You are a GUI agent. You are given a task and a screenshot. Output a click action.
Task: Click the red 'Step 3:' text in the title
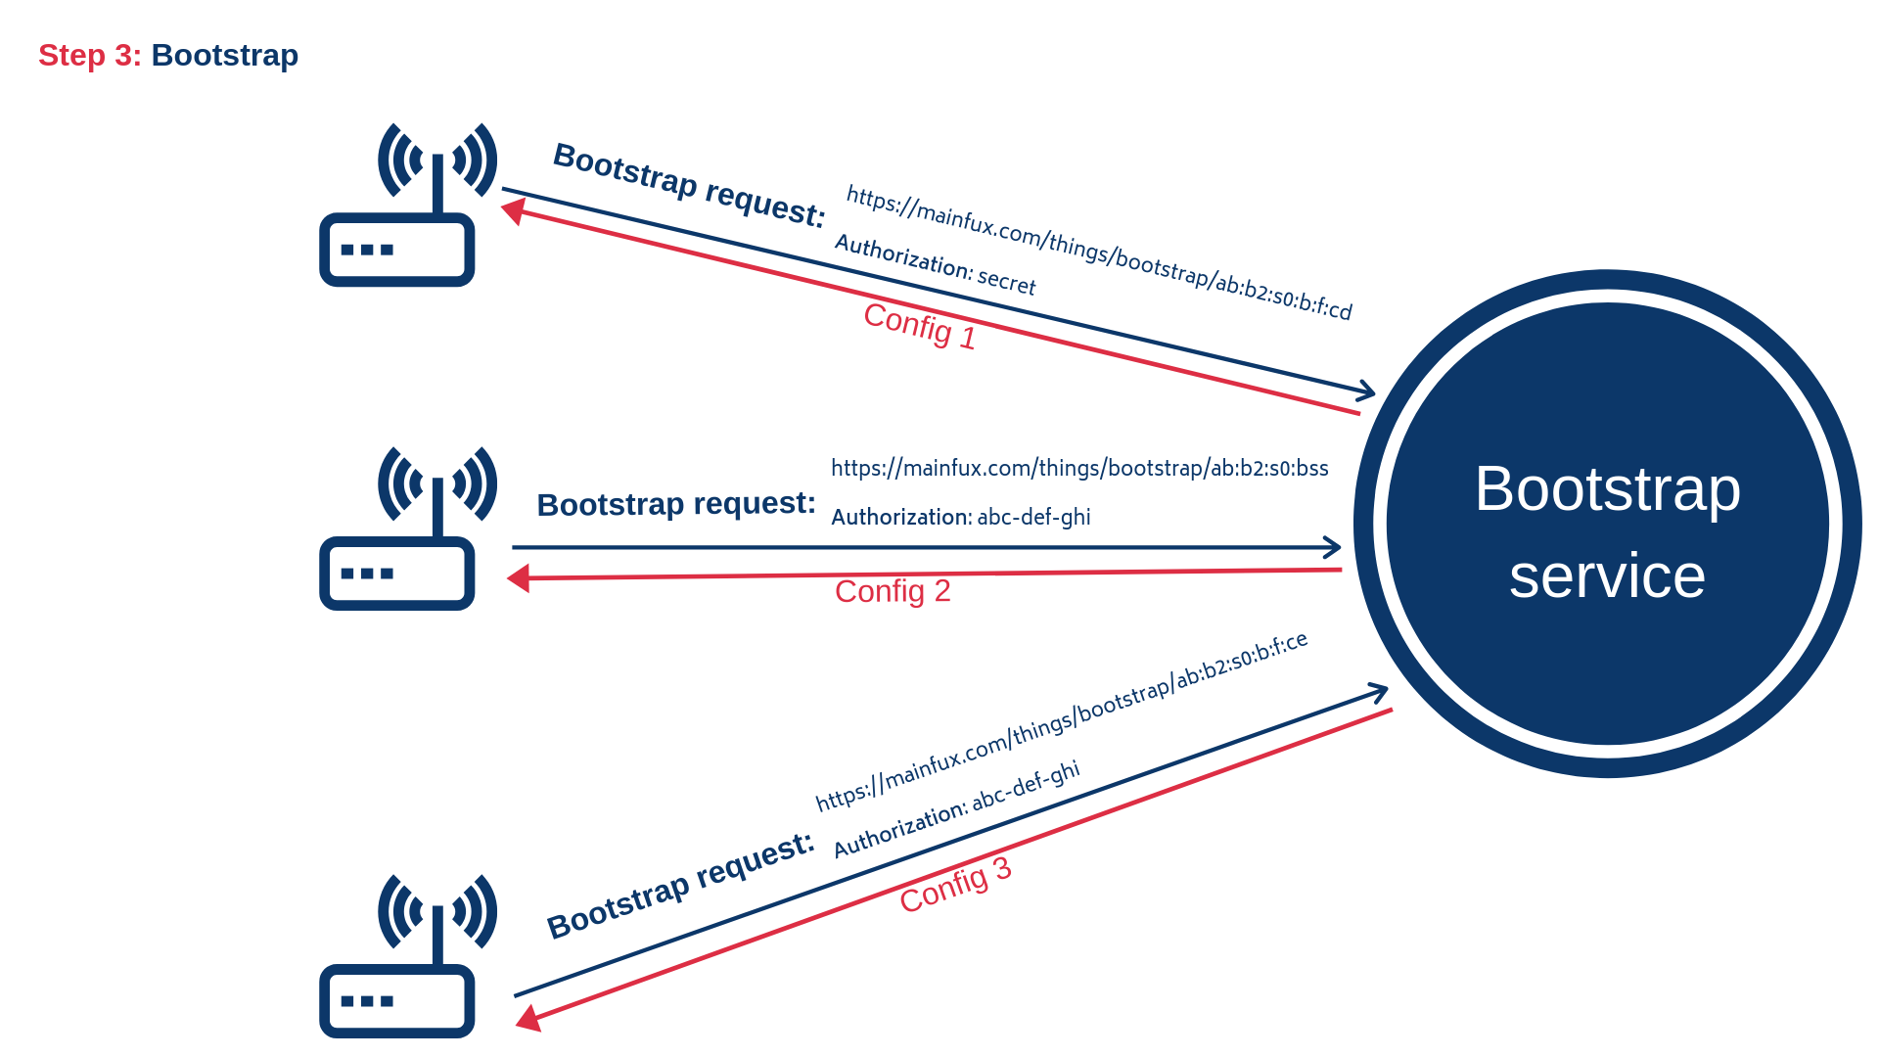point(89,56)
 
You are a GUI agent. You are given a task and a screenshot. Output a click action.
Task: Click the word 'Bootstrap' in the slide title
point(224,56)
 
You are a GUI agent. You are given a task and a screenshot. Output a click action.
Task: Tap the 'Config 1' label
point(919,325)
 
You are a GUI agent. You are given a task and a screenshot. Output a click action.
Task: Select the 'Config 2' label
point(893,591)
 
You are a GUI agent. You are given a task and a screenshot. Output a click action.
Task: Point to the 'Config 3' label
point(955,885)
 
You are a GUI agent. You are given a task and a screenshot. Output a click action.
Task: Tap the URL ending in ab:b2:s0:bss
point(1079,468)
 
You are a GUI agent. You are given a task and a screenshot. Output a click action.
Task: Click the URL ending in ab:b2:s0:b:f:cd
point(1099,253)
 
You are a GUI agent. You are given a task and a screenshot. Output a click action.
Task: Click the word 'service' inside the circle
point(1607,575)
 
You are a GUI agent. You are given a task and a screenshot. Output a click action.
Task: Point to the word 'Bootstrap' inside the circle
point(1607,488)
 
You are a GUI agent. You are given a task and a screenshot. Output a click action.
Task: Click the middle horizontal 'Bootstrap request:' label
point(676,504)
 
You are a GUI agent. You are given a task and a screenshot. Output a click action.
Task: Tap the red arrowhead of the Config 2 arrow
point(519,578)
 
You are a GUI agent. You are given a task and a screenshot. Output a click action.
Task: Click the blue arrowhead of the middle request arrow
point(1333,547)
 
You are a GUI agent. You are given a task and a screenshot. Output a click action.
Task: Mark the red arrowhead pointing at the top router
point(512,210)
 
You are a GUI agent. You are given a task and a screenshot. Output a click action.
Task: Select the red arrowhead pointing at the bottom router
point(528,1020)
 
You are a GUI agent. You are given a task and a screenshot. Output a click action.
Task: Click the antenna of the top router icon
point(437,181)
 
